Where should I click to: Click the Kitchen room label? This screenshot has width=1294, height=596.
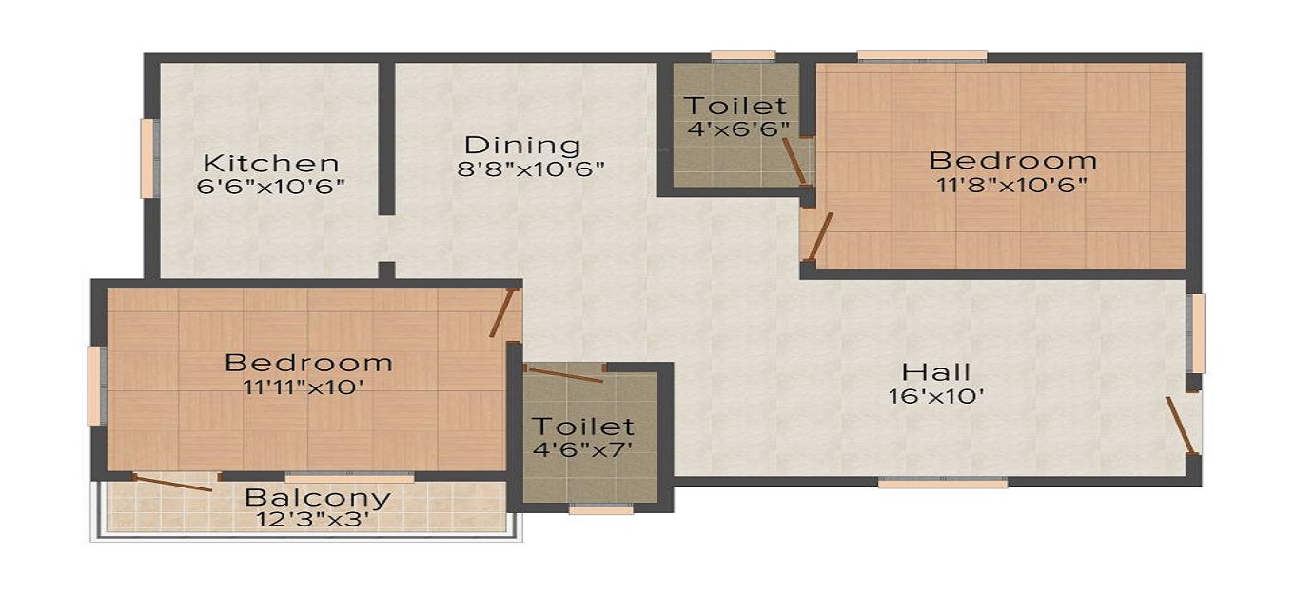coord(270,163)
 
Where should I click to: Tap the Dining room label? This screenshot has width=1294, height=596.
coord(522,146)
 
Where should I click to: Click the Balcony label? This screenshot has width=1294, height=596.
coord(318,497)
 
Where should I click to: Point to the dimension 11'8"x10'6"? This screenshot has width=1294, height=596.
coord(1012,184)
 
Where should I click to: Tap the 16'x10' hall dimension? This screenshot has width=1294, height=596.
coord(936,396)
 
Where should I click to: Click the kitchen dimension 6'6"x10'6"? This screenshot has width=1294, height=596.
coord(270,187)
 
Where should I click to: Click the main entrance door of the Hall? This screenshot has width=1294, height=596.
coord(1182,426)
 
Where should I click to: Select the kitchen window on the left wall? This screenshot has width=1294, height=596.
coord(148,158)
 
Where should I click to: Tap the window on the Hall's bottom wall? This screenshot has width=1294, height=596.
coord(942,484)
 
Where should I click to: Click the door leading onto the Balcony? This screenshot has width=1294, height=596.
coord(172,484)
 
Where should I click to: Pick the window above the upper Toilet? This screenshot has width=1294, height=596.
coord(743,56)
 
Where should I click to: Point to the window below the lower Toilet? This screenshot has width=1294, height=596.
coord(600,510)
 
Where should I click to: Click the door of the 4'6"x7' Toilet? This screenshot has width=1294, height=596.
coord(565,374)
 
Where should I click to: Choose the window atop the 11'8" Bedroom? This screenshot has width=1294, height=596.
coord(921,56)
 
